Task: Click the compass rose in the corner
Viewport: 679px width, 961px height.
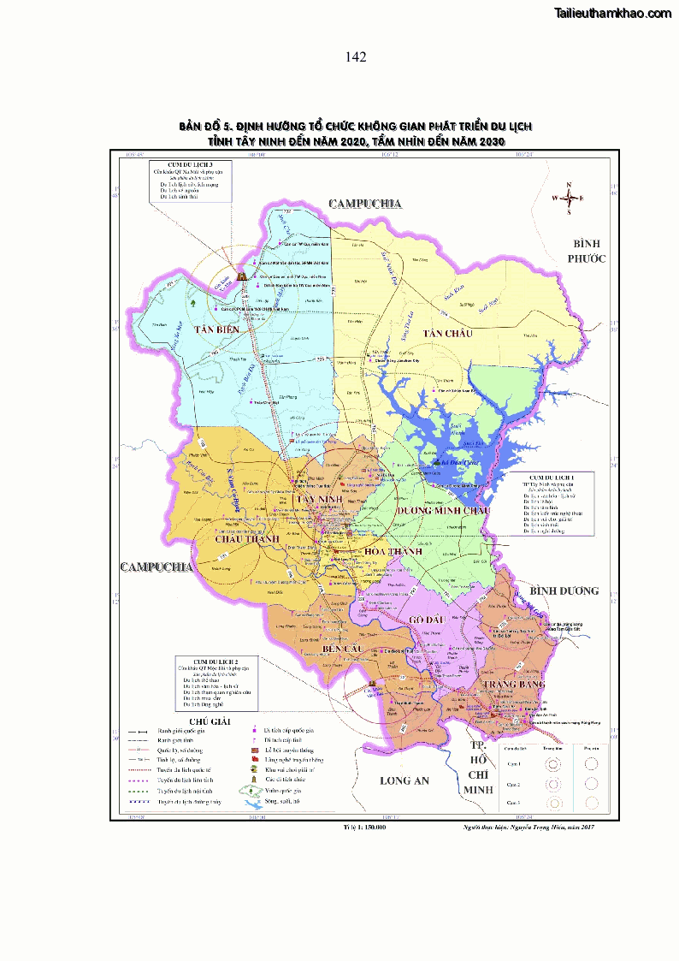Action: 568,199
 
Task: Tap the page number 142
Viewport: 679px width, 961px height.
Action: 356,57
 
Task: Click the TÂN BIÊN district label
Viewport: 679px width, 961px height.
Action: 215,329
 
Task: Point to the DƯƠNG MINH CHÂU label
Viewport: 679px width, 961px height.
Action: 444,510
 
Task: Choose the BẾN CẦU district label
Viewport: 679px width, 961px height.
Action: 344,651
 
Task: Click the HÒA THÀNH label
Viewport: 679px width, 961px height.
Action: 393,552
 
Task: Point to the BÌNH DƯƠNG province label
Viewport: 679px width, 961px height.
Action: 564,591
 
